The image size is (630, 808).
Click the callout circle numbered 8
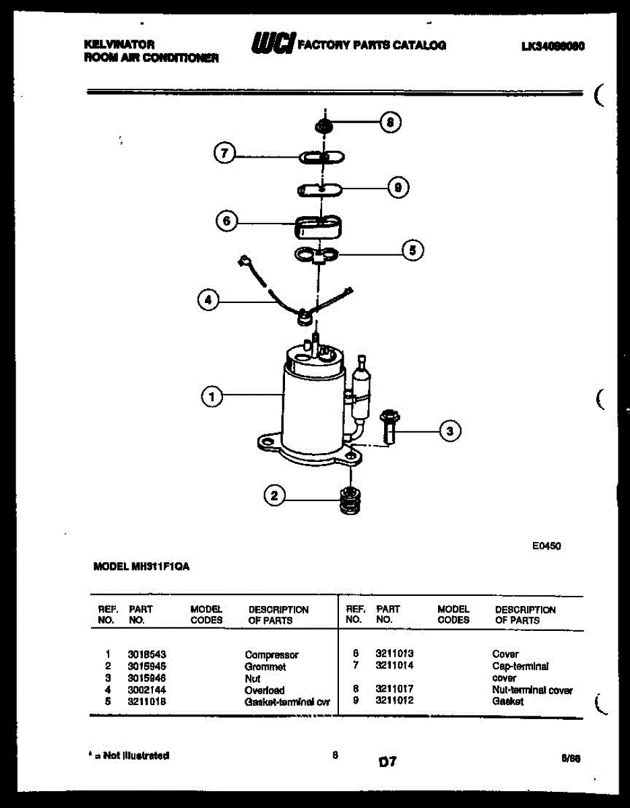(x=389, y=123)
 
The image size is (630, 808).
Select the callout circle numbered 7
(x=224, y=154)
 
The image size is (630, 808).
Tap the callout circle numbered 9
(x=398, y=189)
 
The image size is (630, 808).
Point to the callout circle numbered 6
(x=226, y=220)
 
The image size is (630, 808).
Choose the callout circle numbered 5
(x=412, y=251)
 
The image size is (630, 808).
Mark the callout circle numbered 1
(x=212, y=398)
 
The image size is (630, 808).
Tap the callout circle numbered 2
(x=274, y=497)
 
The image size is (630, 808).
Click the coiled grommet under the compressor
(x=348, y=500)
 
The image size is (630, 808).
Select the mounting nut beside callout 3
(x=389, y=427)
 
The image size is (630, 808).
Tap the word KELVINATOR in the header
(x=119, y=44)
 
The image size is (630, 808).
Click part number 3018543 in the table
(x=146, y=654)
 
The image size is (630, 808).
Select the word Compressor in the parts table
(x=272, y=654)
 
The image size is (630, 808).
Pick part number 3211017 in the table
(x=394, y=689)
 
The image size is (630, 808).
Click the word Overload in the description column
(x=264, y=689)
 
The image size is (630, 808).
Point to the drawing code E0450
(x=546, y=546)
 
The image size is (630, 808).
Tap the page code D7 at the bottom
(x=387, y=762)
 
